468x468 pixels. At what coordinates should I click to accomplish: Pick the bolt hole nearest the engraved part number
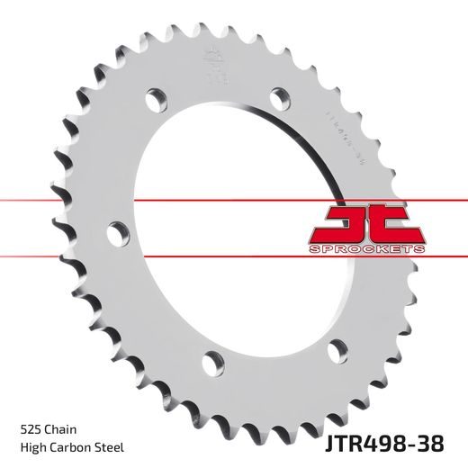(x=280, y=94)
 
